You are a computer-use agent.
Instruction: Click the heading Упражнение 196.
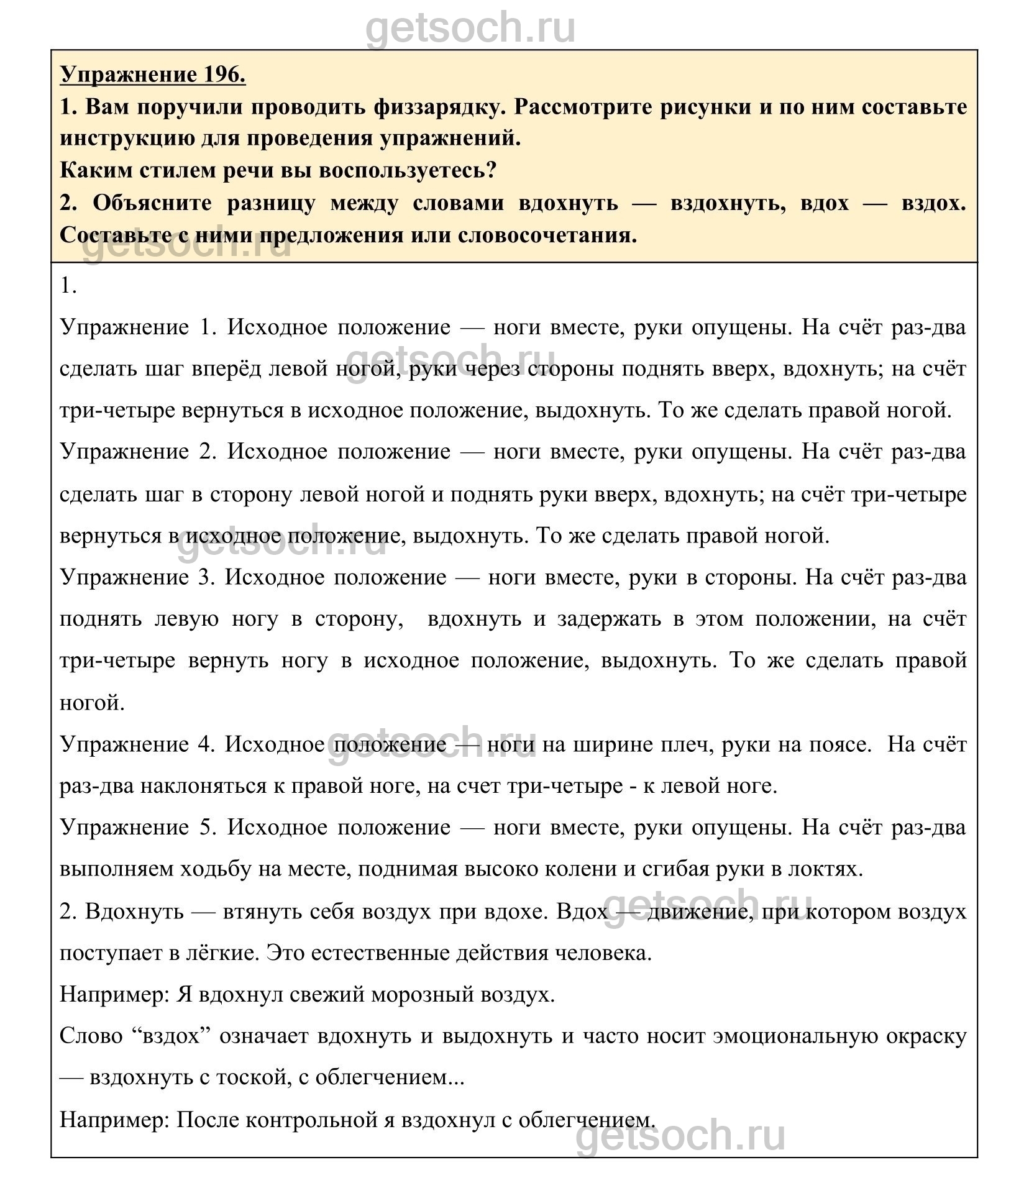pyautogui.click(x=153, y=75)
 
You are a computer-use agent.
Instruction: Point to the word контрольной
pyautogui.click(x=319, y=1120)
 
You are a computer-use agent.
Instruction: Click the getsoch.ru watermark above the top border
pyautogui.click(x=470, y=28)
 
